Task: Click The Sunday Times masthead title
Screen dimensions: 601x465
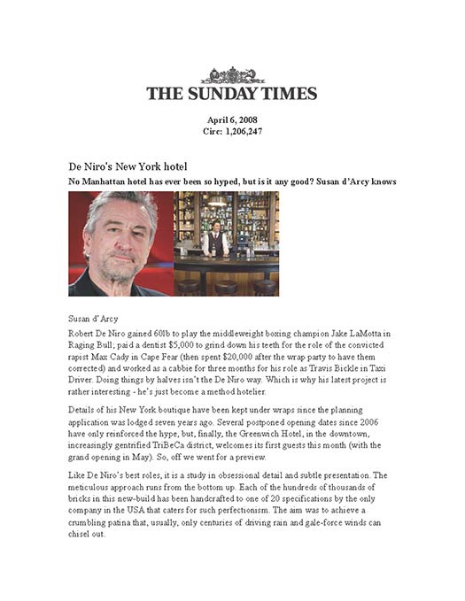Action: pyautogui.click(x=232, y=92)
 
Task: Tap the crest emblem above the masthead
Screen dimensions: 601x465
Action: pyautogui.click(x=232, y=75)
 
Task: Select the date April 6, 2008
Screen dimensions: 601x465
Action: pyautogui.click(x=232, y=120)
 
